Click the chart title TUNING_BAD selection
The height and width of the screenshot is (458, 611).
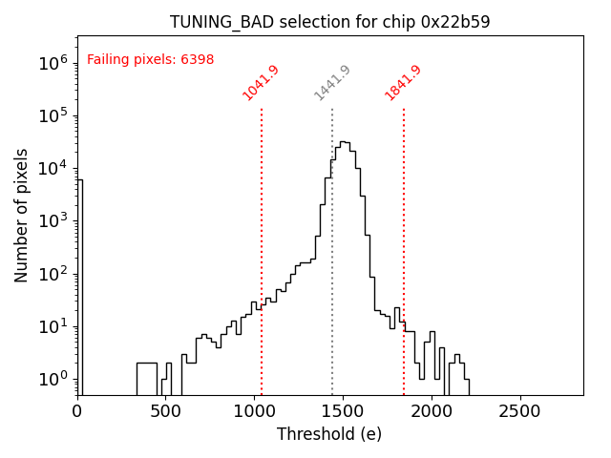coord(330,22)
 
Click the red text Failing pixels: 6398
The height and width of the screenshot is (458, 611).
coord(150,59)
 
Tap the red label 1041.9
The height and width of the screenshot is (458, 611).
coord(260,83)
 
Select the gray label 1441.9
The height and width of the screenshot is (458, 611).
coord(332,83)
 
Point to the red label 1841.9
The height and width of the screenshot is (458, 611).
coord(403,83)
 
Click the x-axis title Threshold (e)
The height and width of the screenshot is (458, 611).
coord(329,434)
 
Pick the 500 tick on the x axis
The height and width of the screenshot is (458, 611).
coord(166,411)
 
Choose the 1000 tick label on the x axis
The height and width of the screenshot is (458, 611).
coord(255,411)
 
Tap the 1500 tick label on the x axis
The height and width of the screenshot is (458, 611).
coord(344,411)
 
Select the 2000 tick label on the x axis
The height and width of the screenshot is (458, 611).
coord(432,411)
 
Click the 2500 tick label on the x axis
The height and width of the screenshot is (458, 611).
coord(520,411)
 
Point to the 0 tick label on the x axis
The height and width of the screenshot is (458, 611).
coord(77,411)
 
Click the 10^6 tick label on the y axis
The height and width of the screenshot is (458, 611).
coord(53,63)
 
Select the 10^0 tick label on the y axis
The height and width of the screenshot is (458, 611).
coord(53,380)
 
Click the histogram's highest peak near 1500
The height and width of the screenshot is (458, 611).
coord(344,142)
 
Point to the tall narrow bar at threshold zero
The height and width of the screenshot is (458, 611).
coord(79,286)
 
